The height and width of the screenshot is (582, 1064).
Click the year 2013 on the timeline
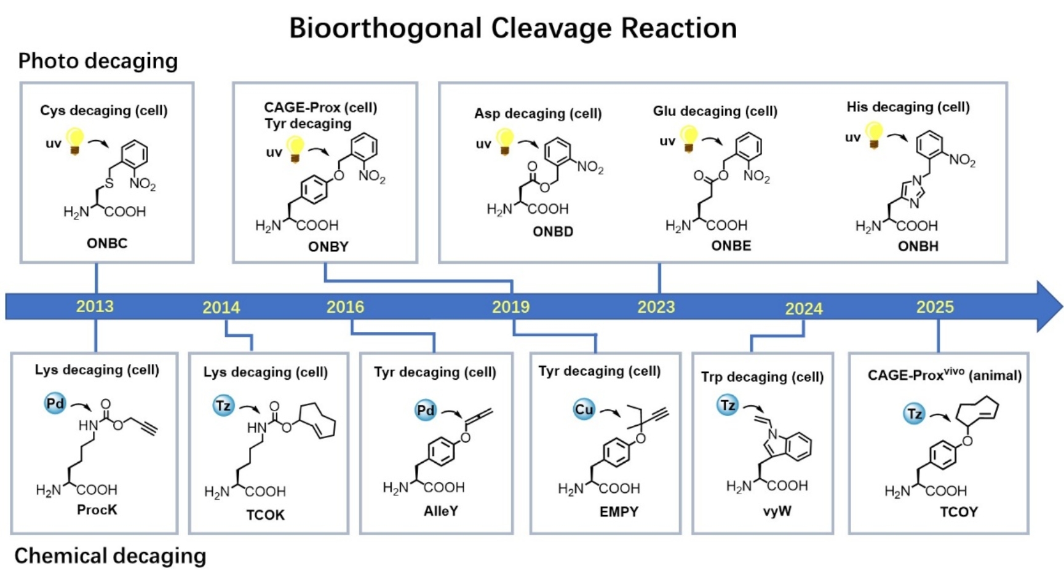click(95, 306)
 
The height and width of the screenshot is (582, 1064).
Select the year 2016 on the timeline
click(345, 307)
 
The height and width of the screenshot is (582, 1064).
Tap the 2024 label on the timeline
click(803, 309)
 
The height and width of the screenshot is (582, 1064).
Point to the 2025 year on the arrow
click(934, 307)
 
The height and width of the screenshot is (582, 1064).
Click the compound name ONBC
click(107, 243)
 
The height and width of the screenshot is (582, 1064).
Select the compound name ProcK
click(97, 509)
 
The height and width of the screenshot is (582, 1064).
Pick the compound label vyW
click(777, 511)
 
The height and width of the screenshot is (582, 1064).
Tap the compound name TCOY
click(958, 512)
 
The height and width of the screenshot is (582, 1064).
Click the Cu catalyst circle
click(584, 409)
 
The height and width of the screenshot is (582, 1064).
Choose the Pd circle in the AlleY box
click(426, 410)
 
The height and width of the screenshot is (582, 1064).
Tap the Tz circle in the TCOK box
click(223, 406)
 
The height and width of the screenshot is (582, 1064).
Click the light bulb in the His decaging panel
click(873, 135)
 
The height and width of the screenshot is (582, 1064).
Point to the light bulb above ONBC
click(75, 141)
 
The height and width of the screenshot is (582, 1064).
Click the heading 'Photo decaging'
click(98, 61)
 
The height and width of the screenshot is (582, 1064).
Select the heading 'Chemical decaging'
click(110, 556)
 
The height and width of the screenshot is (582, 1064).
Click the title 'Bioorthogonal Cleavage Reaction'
click(513, 28)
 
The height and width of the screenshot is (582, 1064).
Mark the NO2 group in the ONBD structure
click(590, 167)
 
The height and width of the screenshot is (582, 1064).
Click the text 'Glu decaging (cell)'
click(715, 111)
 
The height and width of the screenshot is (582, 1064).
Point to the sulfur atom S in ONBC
click(109, 183)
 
